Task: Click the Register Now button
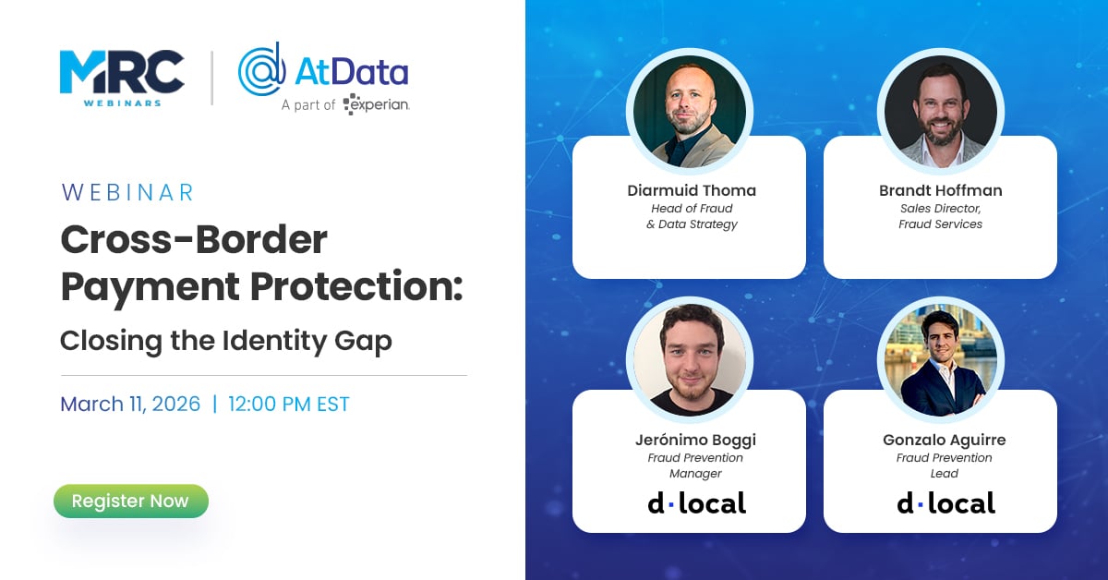point(130,501)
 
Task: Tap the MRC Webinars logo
point(121,78)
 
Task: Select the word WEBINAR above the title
point(127,192)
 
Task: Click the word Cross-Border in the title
point(194,241)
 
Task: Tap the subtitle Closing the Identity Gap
point(226,341)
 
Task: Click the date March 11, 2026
point(130,404)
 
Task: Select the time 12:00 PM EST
point(289,404)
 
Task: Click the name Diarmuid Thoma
point(692,191)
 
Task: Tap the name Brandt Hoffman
point(940,191)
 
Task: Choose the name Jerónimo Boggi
point(694,441)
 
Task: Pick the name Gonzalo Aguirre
point(944,441)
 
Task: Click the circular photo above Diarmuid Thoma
point(690,111)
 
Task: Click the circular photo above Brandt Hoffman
point(941,111)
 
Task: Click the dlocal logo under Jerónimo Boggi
point(695,503)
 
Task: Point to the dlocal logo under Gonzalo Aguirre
point(945,503)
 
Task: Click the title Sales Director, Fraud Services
point(940,216)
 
